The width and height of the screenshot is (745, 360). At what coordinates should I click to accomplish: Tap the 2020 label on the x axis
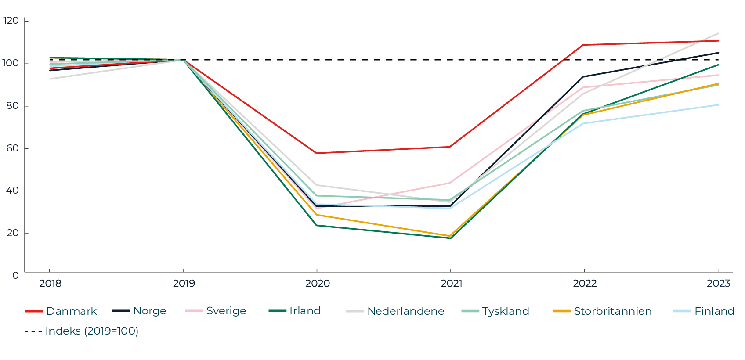pyautogui.click(x=317, y=284)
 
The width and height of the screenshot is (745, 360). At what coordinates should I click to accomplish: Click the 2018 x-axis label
pyautogui.click(x=50, y=284)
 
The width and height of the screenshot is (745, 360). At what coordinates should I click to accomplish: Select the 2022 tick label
pyautogui.click(x=584, y=284)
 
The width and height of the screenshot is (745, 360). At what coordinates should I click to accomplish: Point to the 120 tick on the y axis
pyautogui.click(x=10, y=21)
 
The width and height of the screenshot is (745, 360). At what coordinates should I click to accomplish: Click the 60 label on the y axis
pyautogui.click(x=12, y=148)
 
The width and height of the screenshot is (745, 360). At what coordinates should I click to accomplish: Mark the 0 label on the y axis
pyautogui.click(x=15, y=275)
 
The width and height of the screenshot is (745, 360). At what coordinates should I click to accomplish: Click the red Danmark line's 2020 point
pyautogui.click(x=317, y=153)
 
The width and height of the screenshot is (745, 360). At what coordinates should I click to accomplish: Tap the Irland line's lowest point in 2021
pyautogui.click(x=450, y=238)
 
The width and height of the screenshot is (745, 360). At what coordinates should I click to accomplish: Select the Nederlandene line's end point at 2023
pyautogui.click(x=718, y=33)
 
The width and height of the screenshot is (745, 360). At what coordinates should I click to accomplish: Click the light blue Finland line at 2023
pyautogui.click(x=718, y=105)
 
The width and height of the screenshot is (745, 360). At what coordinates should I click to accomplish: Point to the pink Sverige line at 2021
pyautogui.click(x=450, y=183)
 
